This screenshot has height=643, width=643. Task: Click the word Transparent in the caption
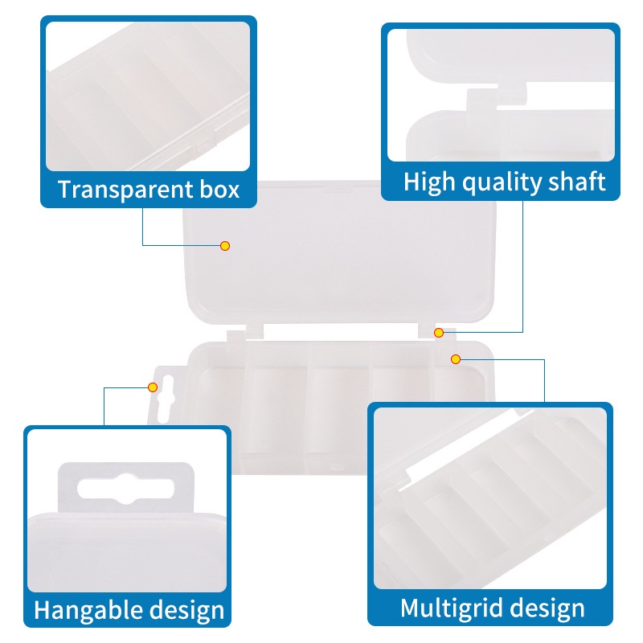click(x=126, y=190)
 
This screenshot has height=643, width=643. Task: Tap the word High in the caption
click(x=429, y=182)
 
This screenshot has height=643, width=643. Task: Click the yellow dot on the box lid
click(x=225, y=246)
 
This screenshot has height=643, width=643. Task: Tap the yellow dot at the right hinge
click(x=439, y=333)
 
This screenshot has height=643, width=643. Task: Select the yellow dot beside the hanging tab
click(x=153, y=387)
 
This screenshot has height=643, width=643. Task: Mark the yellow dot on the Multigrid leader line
click(x=455, y=359)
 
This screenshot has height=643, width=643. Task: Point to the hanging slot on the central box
click(x=165, y=399)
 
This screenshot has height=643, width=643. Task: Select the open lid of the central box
click(x=339, y=252)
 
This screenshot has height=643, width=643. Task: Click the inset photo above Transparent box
click(x=148, y=96)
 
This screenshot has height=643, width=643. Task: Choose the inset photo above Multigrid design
click(x=490, y=498)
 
